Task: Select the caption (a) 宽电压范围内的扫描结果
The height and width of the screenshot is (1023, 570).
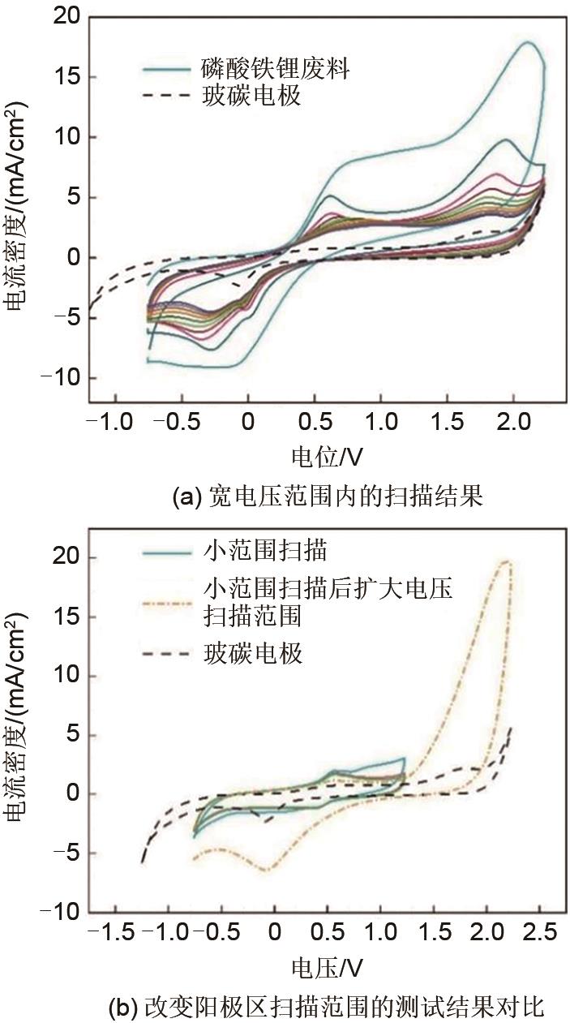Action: pos(328,496)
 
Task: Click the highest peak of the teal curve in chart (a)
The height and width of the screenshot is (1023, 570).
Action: pos(528,42)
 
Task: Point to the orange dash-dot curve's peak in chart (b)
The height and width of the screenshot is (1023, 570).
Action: pos(507,561)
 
